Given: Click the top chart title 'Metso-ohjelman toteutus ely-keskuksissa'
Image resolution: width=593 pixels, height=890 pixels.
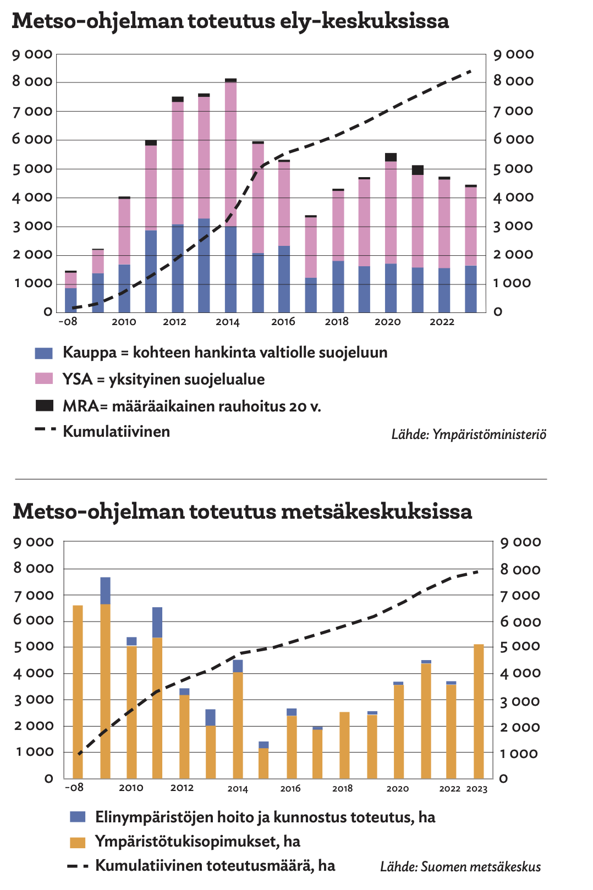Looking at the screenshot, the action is [230, 21].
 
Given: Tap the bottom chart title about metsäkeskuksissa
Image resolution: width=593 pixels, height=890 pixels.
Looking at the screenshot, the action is [243, 512].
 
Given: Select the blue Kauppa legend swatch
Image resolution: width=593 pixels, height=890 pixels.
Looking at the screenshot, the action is [43, 353].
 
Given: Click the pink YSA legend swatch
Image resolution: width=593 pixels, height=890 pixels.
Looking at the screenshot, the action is [43, 378].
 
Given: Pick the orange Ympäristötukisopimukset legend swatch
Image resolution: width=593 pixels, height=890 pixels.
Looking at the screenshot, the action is [78, 842].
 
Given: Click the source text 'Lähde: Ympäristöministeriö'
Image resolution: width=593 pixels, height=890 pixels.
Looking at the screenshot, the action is [469, 434].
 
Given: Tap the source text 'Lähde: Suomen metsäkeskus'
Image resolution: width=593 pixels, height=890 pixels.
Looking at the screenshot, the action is [460, 866].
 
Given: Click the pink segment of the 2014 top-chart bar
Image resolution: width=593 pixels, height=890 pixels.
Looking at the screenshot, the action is [230, 154].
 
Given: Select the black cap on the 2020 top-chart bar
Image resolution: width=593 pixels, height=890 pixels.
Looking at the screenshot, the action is [391, 157].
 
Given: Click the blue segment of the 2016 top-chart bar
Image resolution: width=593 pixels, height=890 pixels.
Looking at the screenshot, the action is [284, 279].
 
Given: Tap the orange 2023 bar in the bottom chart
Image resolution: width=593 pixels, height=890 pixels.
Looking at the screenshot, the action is [479, 711].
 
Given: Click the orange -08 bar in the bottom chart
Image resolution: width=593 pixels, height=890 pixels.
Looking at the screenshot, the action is [78, 692].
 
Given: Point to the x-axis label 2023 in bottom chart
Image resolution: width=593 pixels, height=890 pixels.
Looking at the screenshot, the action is [477, 789].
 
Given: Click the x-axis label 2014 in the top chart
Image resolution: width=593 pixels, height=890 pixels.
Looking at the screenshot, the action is [227, 322].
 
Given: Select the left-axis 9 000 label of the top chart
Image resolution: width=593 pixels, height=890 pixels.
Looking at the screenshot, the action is [32, 54].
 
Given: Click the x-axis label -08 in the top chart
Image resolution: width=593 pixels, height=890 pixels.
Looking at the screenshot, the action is [68, 321].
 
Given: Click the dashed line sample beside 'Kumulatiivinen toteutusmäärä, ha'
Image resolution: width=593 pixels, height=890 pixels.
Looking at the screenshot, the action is [78, 866].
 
